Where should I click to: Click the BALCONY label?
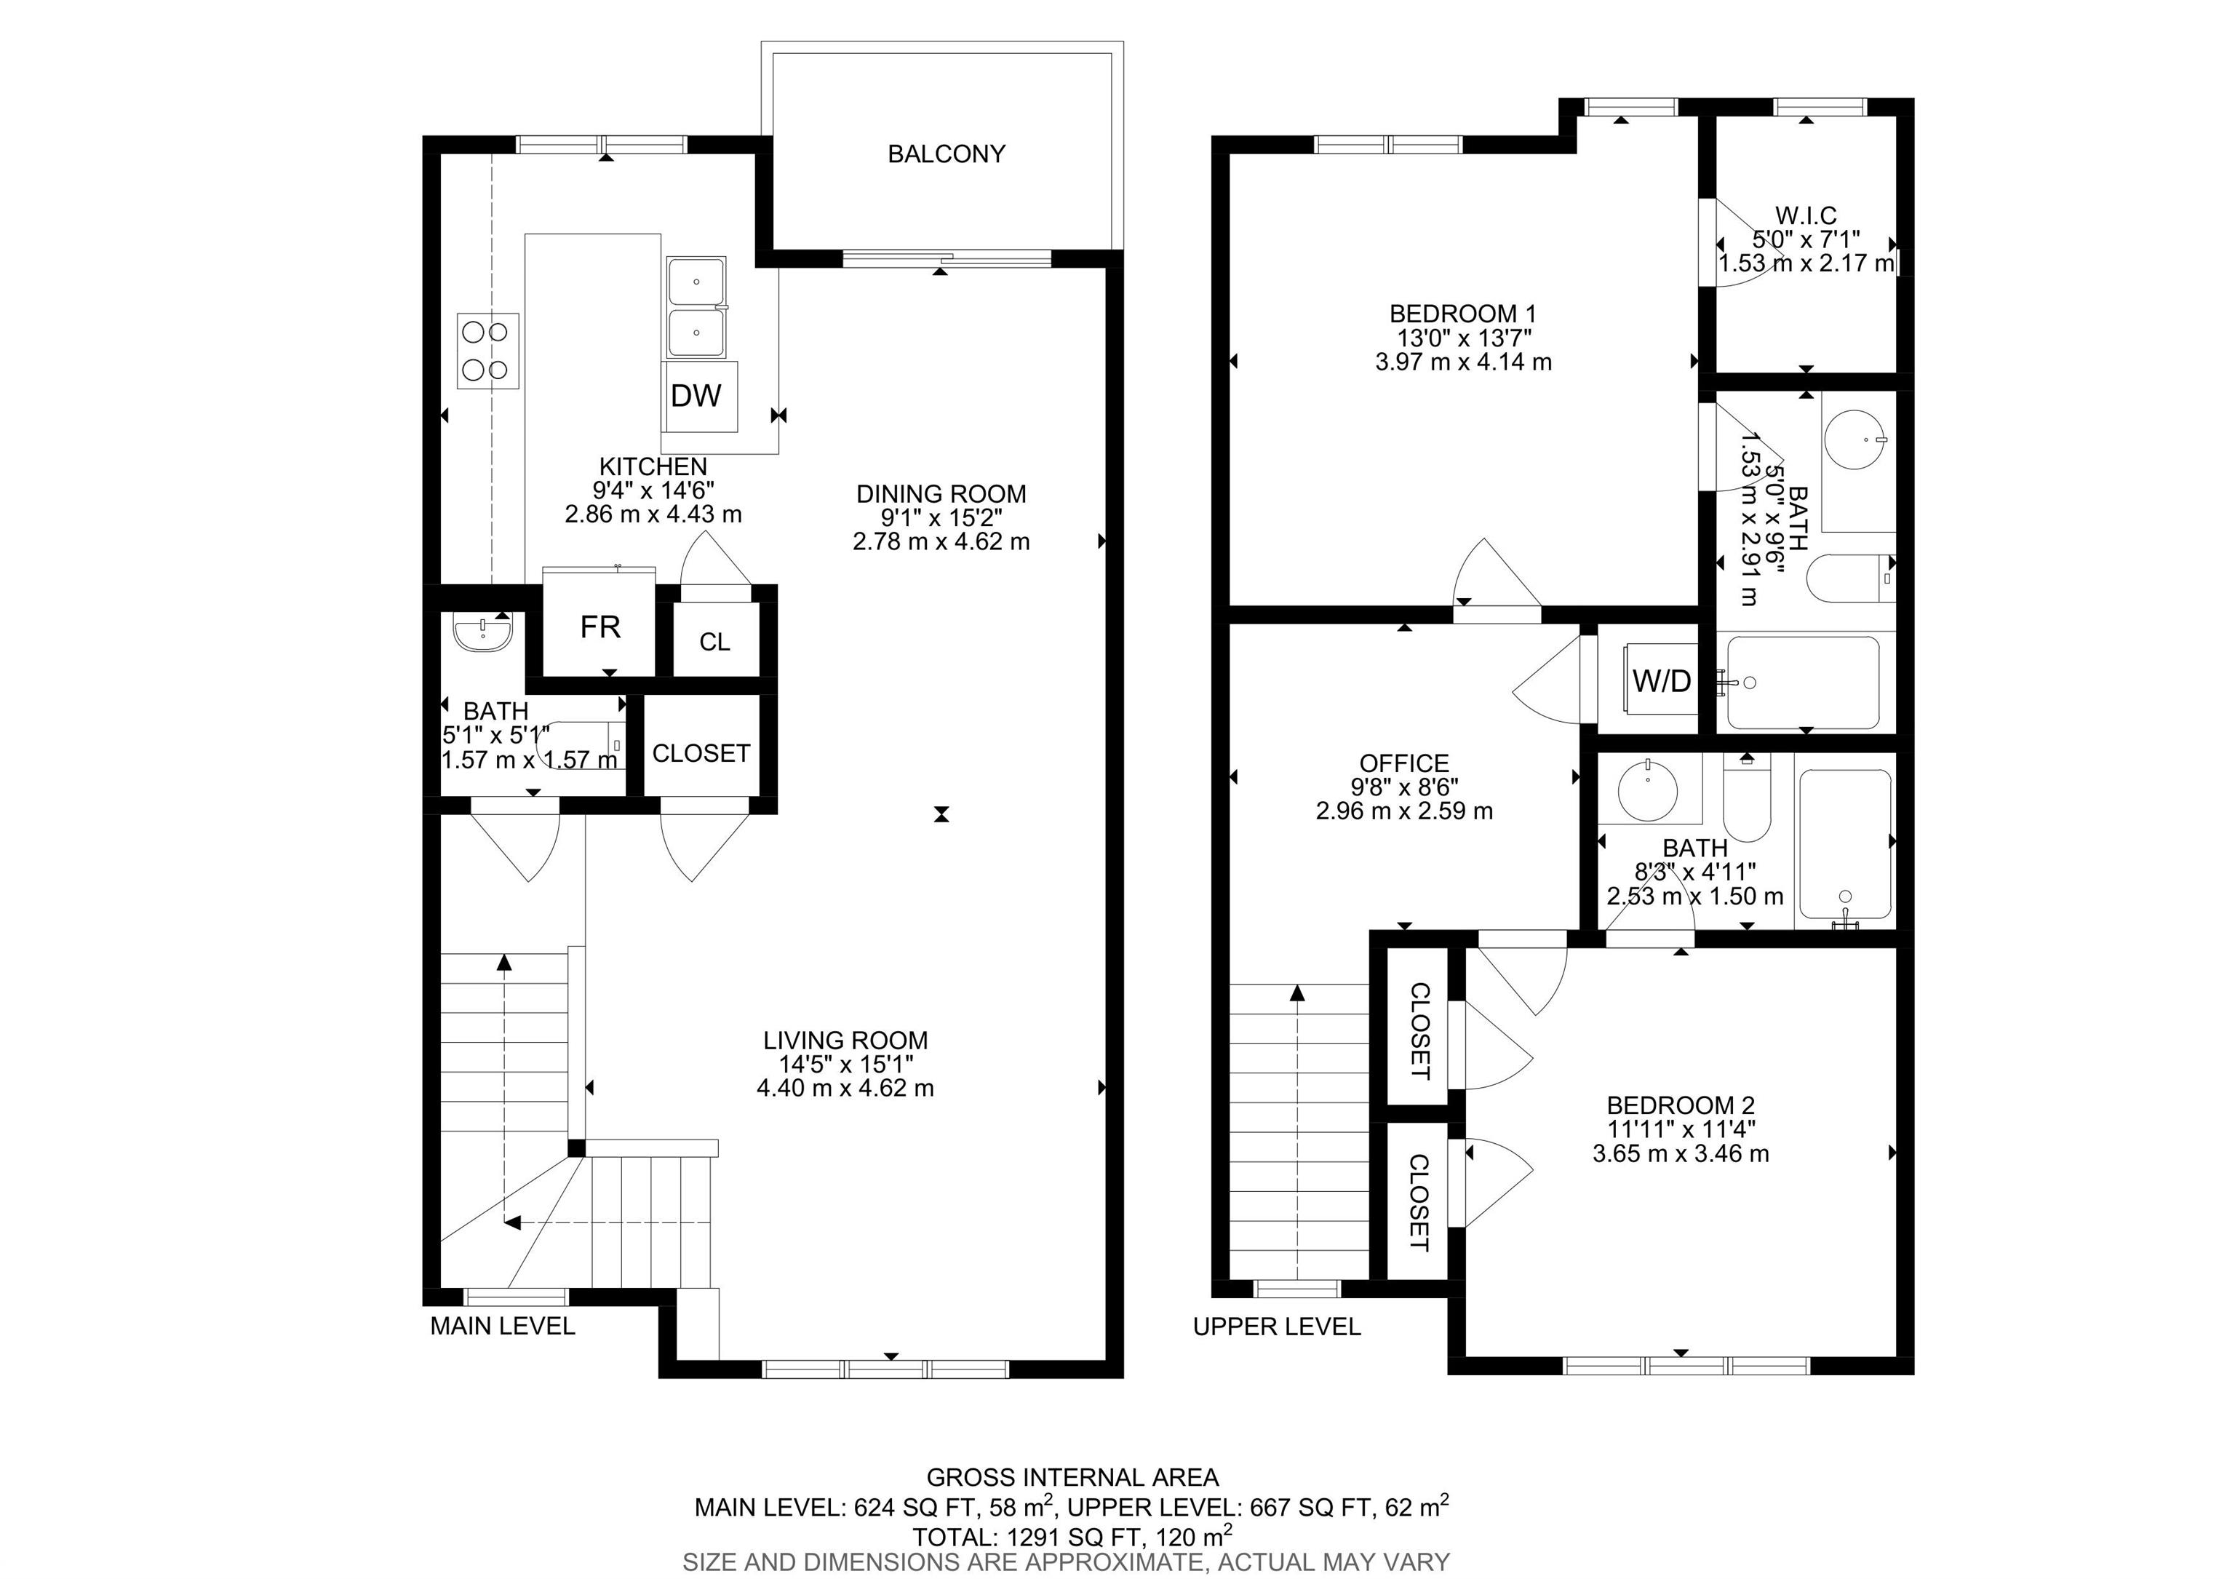(x=945, y=154)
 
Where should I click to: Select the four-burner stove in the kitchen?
(x=487, y=351)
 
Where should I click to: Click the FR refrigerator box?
(x=599, y=627)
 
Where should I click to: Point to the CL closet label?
(x=714, y=642)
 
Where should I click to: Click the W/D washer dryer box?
(x=1662, y=681)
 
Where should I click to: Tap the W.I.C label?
(x=1806, y=215)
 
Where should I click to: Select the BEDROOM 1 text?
(x=1462, y=314)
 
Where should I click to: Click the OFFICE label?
(x=1403, y=763)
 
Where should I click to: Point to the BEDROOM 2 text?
(x=1680, y=1106)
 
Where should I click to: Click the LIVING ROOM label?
(x=845, y=1040)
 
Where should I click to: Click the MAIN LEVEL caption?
(x=502, y=1326)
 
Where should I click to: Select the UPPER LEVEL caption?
(x=1276, y=1327)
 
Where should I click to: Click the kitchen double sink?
(x=696, y=306)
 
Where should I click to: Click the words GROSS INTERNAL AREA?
(x=1072, y=1478)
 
